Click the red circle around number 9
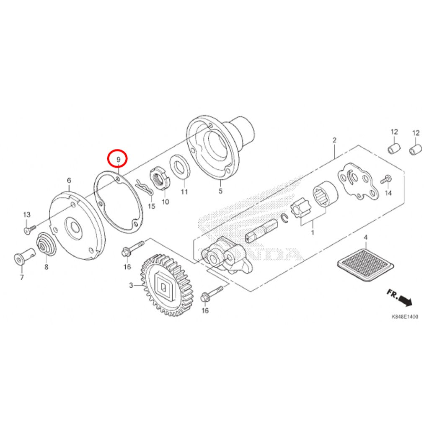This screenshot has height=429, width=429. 118,150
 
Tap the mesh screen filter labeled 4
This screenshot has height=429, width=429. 365,265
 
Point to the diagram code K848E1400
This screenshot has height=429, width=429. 405,317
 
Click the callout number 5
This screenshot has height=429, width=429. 220,191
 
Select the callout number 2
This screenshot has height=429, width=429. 334,140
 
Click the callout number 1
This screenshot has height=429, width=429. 313,233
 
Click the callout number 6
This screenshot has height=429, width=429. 69,180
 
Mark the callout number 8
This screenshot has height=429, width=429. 46,266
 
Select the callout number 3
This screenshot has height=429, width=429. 131,285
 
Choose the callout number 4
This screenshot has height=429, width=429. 365,238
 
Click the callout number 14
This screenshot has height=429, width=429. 388,193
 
